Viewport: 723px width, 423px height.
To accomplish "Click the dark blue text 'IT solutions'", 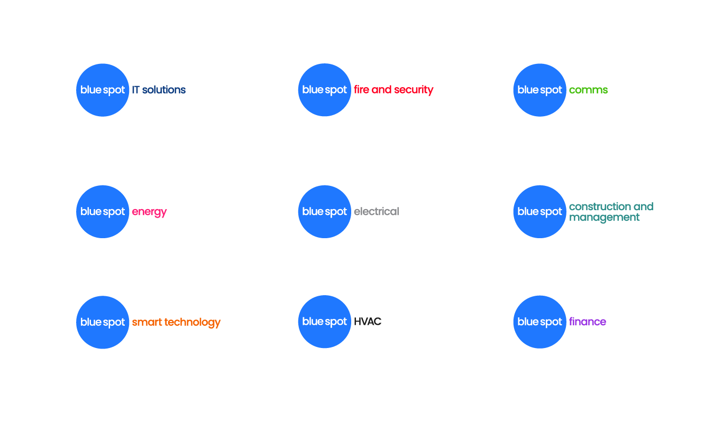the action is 159,90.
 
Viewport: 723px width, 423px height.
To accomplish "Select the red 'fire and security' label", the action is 393,90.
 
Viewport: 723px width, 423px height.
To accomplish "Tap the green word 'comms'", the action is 588,90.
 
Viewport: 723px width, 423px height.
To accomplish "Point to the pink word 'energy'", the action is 149,212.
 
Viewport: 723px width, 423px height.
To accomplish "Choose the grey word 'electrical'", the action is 376,212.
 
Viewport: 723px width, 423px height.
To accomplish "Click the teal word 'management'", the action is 605,218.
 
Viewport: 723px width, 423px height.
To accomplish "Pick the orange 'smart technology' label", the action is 176,322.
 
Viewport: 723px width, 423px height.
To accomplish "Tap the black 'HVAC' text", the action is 368,322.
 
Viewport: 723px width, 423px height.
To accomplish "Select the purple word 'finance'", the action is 588,322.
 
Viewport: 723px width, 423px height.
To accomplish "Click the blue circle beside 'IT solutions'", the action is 103,90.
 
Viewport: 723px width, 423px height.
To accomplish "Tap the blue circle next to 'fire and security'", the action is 325,90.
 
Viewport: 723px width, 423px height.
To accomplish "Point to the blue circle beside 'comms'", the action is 540,90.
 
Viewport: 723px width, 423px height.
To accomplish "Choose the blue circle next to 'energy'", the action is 103,212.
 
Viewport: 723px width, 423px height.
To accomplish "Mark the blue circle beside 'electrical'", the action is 325,212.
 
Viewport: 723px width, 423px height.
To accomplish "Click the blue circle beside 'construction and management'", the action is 540,212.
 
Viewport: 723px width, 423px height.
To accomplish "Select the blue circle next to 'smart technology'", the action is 103,322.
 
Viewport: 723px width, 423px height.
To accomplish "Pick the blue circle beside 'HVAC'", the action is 325,322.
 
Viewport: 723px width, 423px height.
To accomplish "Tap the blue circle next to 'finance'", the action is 540,322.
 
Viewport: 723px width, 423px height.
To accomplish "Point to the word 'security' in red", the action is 414,90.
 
